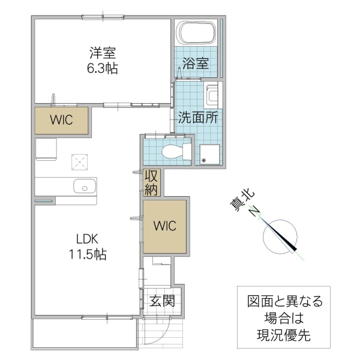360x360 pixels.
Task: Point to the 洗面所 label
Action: [197, 118]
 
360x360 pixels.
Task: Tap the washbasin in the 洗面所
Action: [213, 97]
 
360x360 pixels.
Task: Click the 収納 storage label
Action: [151, 184]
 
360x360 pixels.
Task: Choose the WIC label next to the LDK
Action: [163, 226]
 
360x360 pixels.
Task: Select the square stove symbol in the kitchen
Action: [79, 161]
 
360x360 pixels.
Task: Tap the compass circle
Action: [280, 236]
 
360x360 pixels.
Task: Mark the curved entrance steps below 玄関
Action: [160, 333]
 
